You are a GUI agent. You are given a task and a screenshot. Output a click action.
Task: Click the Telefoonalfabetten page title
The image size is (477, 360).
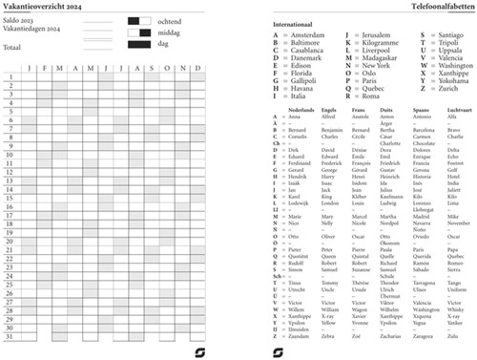pyautogui.click(x=435, y=7)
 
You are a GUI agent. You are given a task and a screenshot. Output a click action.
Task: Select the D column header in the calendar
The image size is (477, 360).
pyautogui.click(x=197, y=69)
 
